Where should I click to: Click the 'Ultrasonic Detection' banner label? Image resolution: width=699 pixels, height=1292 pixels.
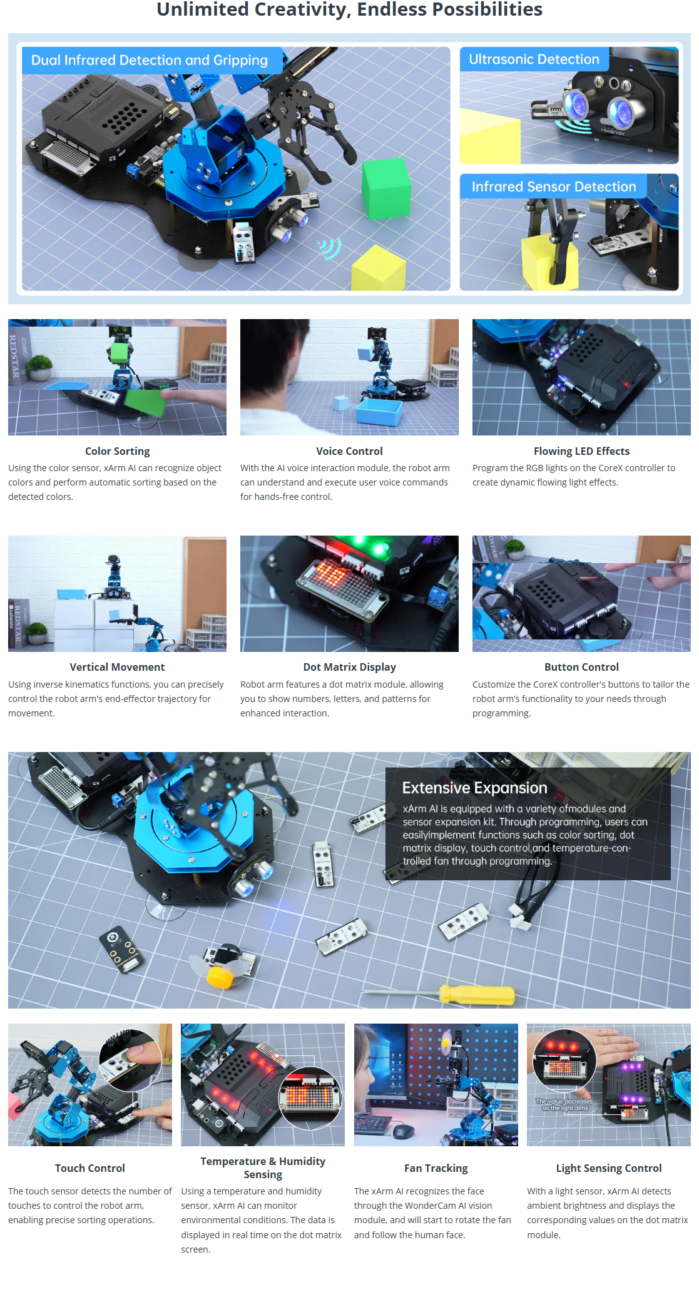(x=534, y=59)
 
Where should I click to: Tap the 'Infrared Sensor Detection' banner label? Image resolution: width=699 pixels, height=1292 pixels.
(x=554, y=186)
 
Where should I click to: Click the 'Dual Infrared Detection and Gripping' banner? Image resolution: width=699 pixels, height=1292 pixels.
(x=150, y=60)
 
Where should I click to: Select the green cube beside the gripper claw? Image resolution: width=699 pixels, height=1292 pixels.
(x=386, y=188)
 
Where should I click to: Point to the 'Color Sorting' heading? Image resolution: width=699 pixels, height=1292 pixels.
(x=118, y=451)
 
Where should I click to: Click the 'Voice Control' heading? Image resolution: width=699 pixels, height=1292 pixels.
(x=349, y=451)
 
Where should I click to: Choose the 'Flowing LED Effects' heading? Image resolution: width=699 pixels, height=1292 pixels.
(x=581, y=451)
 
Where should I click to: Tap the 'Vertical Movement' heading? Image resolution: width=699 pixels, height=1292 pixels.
(x=117, y=667)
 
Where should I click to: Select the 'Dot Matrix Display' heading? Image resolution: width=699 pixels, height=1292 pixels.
(x=349, y=667)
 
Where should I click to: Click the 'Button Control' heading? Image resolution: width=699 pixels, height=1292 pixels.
(x=581, y=667)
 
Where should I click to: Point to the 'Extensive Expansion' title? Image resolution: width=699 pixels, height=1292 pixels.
(x=474, y=788)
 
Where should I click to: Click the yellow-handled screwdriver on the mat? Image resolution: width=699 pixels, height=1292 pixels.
(x=439, y=994)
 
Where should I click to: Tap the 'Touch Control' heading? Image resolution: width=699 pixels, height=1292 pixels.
(x=90, y=1168)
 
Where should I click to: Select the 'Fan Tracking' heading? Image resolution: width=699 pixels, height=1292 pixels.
(x=436, y=1168)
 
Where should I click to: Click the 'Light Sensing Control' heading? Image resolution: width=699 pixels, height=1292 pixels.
(x=609, y=1168)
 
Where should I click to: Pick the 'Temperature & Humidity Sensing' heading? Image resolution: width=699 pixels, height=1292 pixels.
(x=263, y=1167)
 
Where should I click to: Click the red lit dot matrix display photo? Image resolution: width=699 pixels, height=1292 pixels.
(x=349, y=594)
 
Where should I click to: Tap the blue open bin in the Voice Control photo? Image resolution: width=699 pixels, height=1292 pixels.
(x=379, y=412)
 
